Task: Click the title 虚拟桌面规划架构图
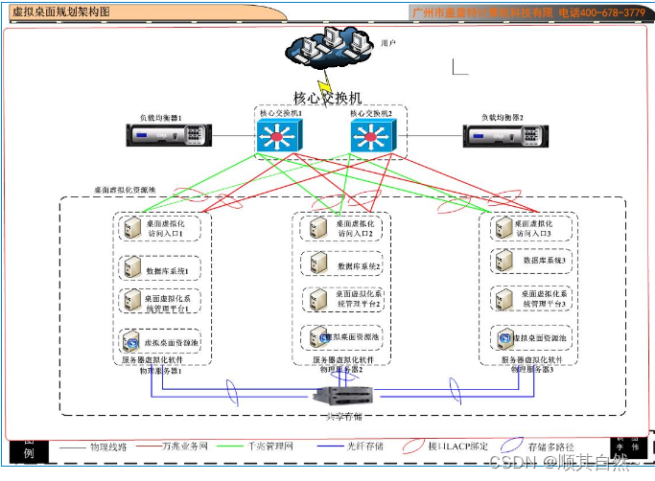pos(60,11)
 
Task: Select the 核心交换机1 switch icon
pos(279,138)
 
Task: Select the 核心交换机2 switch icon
pos(371,138)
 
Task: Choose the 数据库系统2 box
pos(344,263)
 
